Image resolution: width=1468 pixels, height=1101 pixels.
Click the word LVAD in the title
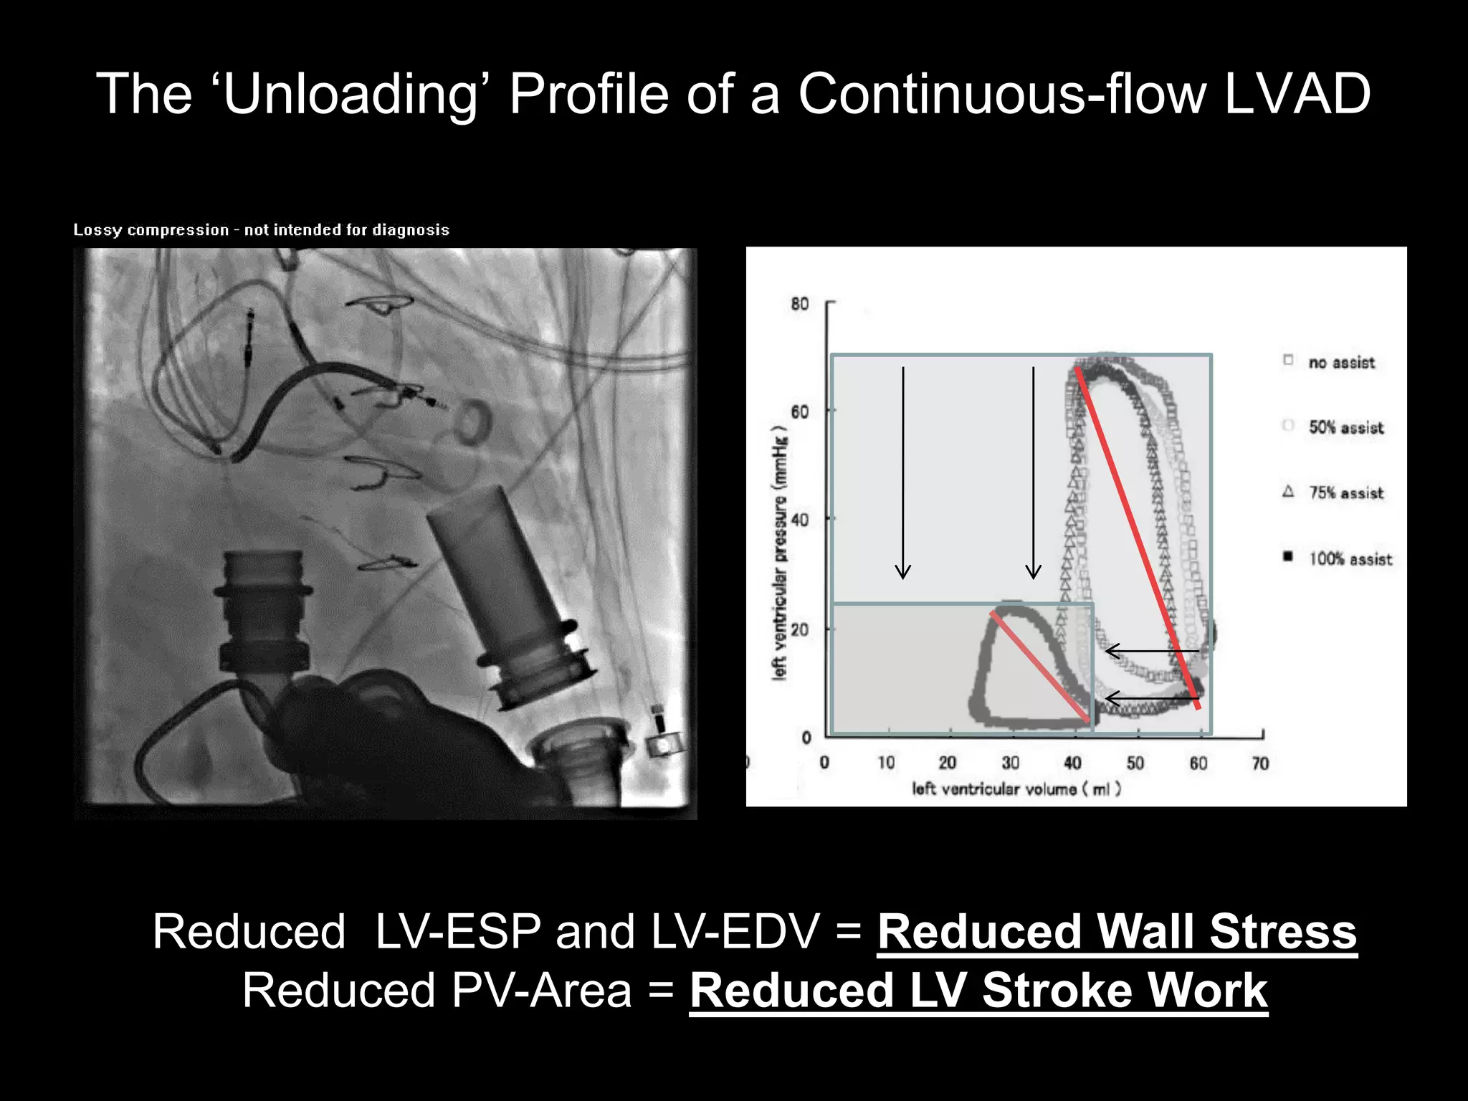[x=1297, y=95]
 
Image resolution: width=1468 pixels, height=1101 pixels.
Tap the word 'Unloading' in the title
[x=351, y=95]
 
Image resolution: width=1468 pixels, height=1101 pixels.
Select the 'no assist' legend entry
[x=1340, y=363]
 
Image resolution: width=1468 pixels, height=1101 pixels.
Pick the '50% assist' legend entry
[x=1345, y=428]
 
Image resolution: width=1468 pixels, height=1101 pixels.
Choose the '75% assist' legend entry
[x=1345, y=493]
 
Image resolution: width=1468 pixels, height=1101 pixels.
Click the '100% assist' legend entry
[x=1350, y=559]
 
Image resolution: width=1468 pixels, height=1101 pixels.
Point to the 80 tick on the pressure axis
[x=800, y=304]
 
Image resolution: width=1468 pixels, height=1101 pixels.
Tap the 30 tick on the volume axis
[x=1011, y=763]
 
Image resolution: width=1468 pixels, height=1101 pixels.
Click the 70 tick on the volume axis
[x=1260, y=763]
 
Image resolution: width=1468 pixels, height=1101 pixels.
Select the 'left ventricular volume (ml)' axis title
[x=1016, y=789]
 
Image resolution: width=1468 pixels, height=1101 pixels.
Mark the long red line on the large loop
[x=1137, y=538]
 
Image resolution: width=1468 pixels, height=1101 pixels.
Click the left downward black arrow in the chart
[x=903, y=473]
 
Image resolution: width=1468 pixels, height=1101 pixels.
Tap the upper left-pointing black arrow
[x=1151, y=651]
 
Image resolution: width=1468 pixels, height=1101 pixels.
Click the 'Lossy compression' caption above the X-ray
[x=262, y=230]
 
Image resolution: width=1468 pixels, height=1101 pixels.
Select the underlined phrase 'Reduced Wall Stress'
[x=1117, y=932]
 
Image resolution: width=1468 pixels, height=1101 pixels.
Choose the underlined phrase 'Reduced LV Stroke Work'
[x=978, y=991]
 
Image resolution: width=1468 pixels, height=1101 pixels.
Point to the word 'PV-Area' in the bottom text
[x=542, y=991]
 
